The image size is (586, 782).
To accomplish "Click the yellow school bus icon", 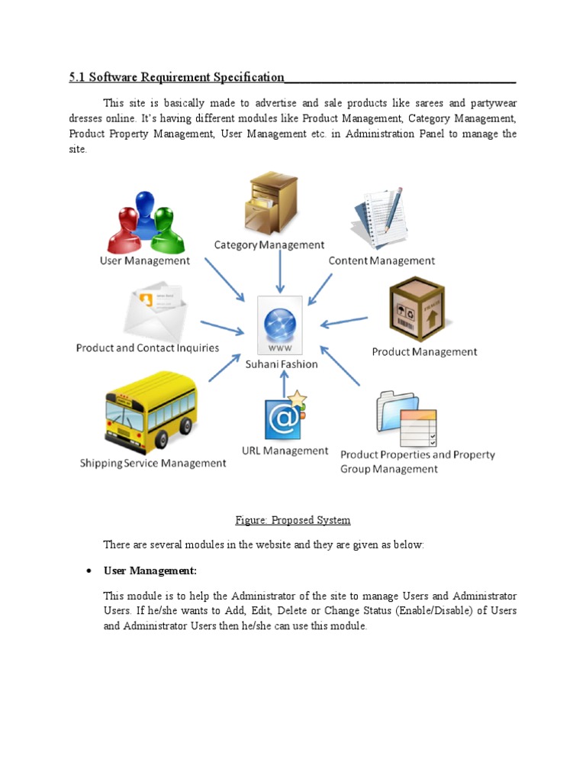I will tap(150, 412).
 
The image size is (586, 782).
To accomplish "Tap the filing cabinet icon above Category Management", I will tap(271, 202).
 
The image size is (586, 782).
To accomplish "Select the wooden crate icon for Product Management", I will tap(417, 309).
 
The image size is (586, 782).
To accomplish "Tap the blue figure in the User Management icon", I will tap(145, 210).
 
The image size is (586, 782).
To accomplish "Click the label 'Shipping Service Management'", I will tap(153, 464).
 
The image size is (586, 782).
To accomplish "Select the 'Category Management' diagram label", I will tap(269, 245).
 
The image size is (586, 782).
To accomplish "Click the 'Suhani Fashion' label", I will tap(281, 364).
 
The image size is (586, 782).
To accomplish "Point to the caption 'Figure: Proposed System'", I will tap(293, 521).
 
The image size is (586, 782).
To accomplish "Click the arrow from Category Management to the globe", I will tap(281, 271).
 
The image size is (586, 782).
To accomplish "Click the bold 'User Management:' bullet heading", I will tap(150, 571).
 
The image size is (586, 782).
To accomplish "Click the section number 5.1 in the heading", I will tap(78, 77).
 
